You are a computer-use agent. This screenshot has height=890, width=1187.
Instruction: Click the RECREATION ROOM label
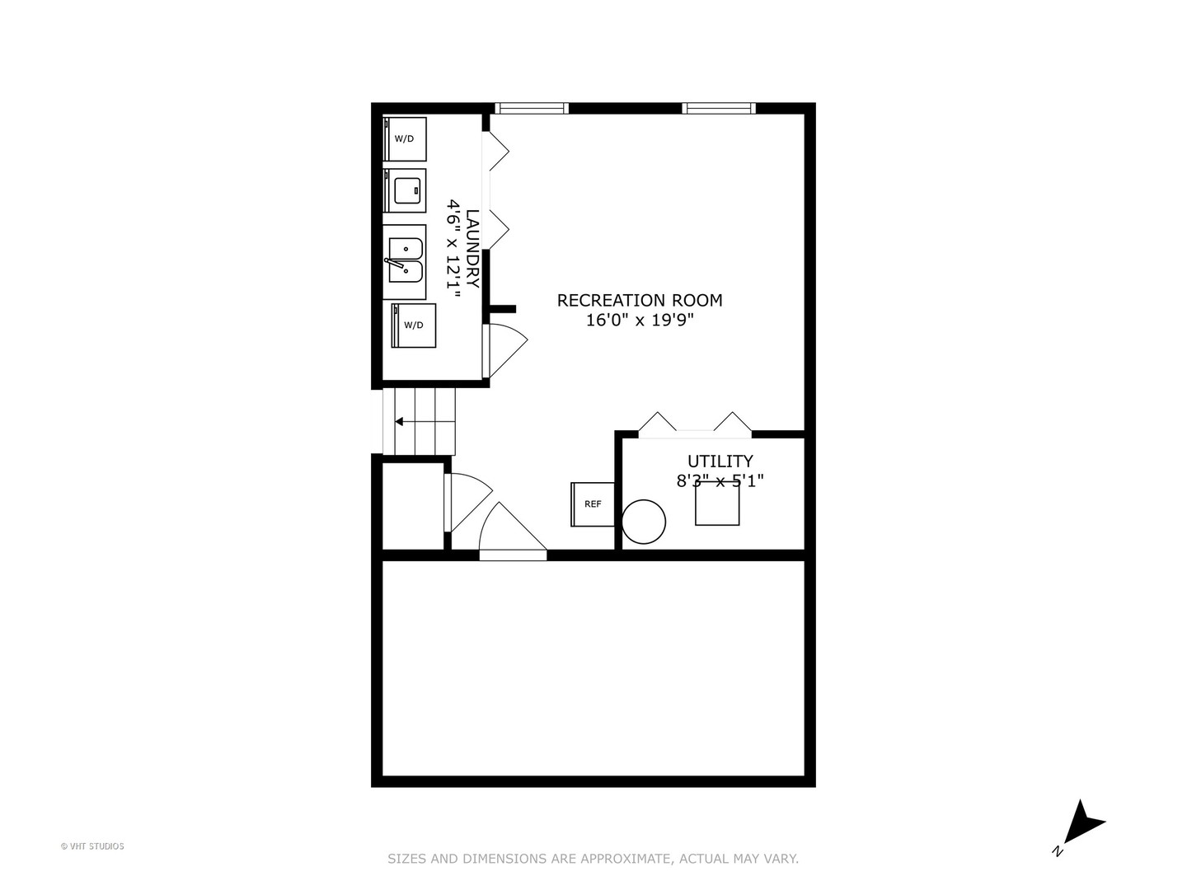639,301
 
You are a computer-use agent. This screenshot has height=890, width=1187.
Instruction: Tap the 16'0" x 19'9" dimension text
640,321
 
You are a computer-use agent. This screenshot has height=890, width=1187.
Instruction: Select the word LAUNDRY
472,249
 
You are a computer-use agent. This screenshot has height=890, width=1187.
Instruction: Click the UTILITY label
720,461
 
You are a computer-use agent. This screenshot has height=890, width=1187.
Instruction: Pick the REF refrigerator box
593,504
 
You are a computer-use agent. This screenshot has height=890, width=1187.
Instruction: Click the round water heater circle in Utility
644,522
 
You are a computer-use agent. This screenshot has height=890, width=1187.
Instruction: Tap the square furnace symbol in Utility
717,503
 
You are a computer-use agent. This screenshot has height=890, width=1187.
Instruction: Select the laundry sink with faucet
405,262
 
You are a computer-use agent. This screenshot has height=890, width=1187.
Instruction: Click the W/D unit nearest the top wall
405,139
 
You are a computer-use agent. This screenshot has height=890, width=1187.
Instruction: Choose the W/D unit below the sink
414,326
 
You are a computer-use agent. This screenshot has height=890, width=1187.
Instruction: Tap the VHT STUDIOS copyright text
92,846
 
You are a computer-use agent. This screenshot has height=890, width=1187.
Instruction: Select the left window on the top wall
532,108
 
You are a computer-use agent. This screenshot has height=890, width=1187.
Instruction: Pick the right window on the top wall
719,108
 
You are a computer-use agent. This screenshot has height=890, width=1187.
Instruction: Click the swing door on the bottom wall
513,532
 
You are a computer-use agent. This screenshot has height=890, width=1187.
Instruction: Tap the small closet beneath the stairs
413,506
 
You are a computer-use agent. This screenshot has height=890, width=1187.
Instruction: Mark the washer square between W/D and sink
405,190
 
